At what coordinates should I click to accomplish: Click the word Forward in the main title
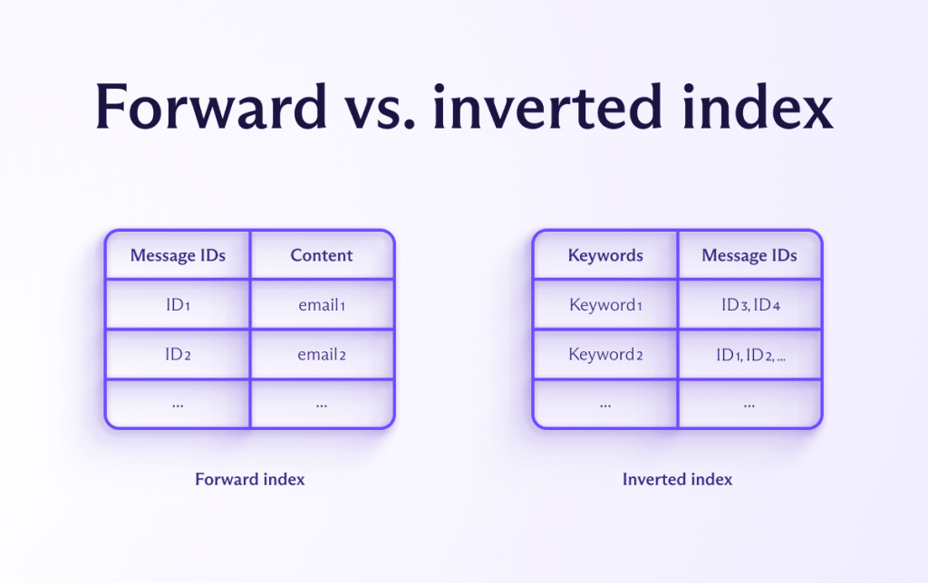coord(210,107)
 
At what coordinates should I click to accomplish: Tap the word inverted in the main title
coord(546,107)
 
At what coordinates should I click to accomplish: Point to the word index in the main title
coord(758,107)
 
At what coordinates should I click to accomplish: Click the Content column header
coord(322,255)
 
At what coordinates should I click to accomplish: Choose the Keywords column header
coord(605,255)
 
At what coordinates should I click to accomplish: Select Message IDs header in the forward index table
coord(178,255)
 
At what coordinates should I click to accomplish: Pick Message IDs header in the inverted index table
coord(749,255)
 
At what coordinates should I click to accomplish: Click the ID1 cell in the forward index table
coord(178,305)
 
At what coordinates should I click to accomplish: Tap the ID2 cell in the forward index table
coord(178,355)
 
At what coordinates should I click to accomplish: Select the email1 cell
coord(322,305)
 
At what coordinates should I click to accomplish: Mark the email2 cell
coord(322,355)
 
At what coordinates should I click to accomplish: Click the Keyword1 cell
coord(605,305)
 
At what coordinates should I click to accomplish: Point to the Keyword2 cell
coord(605,355)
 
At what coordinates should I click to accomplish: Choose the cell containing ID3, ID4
coord(750,305)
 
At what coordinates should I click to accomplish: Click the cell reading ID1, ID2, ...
coord(750,355)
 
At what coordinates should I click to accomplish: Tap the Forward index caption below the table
coord(250,479)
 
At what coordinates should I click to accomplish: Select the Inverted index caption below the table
coord(677,479)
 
